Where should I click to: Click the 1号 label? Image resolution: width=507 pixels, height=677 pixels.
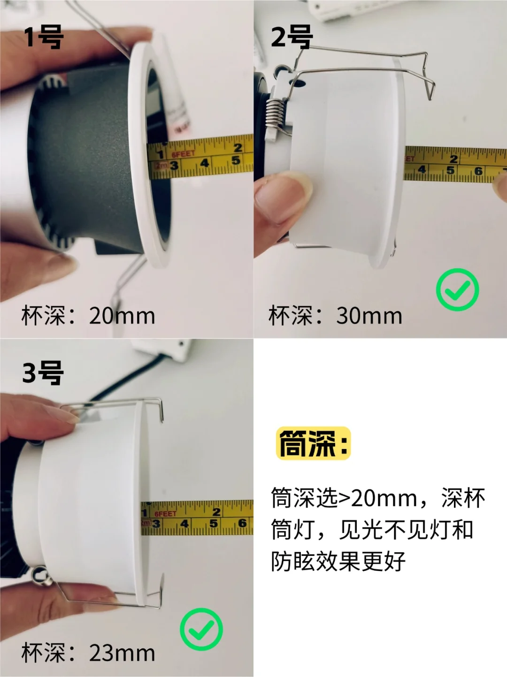coord(44,38)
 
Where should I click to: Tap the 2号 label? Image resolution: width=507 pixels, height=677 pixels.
coord(292,38)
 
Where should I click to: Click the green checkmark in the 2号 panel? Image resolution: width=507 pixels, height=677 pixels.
coord(458,289)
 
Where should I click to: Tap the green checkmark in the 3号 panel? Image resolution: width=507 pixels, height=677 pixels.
coord(201,630)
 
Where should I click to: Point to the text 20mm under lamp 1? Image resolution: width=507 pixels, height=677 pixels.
coord(122,316)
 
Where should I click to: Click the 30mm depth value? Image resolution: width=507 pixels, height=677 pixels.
coord(369,316)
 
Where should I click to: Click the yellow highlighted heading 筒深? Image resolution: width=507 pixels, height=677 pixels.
coord(314,443)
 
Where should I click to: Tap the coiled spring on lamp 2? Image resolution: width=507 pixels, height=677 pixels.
coord(275,113)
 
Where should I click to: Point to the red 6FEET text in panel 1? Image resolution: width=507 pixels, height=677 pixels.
coord(183,153)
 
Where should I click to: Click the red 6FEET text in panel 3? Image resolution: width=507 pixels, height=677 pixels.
coord(165,514)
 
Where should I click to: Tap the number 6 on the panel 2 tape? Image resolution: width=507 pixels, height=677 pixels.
coord(478,171)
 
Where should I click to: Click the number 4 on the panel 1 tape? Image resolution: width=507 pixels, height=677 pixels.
coord(205,162)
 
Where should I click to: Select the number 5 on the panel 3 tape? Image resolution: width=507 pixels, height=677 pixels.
coord(213,523)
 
